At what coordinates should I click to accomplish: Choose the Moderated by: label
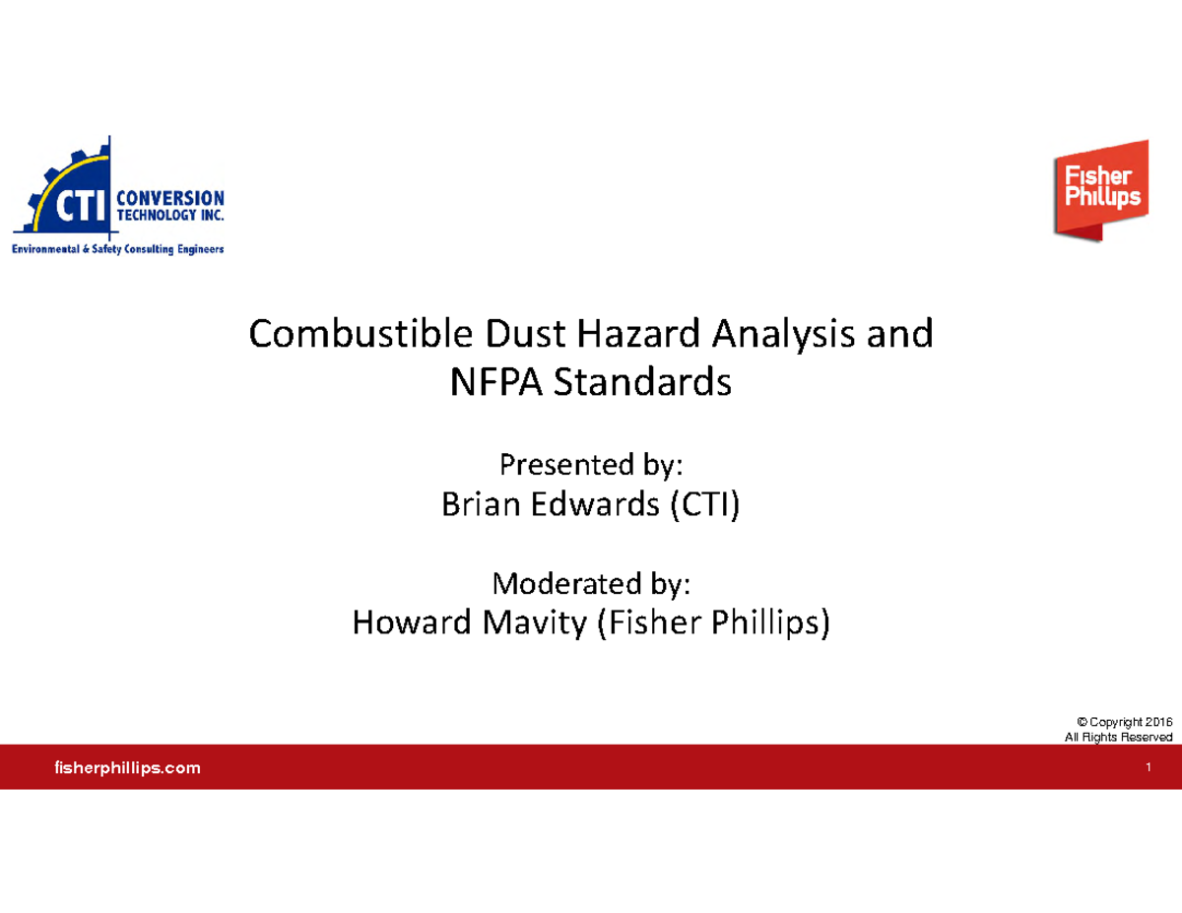pos(591,585)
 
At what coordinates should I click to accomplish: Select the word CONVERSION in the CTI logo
pos(170,197)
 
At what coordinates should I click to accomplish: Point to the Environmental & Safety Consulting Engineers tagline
pos(117,250)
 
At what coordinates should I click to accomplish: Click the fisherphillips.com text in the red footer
pos(125,767)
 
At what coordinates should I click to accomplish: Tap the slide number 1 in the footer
pos(1149,767)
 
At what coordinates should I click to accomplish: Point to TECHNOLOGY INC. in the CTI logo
pos(170,214)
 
